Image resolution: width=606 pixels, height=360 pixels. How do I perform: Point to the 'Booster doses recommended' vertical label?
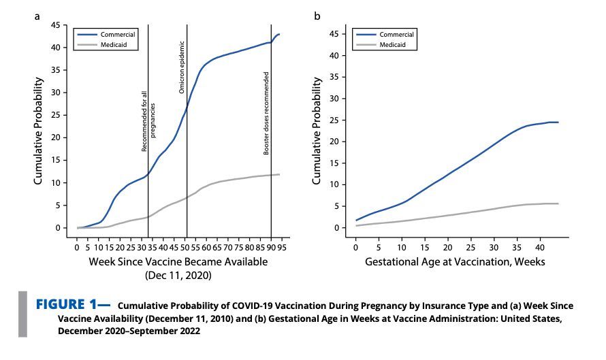[x=266, y=112]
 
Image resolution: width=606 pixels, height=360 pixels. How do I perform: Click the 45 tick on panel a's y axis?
[x=57, y=25]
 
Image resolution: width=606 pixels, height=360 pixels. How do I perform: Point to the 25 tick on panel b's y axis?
[x=333, y=120]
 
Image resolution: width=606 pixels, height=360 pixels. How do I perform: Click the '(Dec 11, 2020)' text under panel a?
[x=177, y=276]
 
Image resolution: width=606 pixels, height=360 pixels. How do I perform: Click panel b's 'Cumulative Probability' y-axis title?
[x=317, y=131]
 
